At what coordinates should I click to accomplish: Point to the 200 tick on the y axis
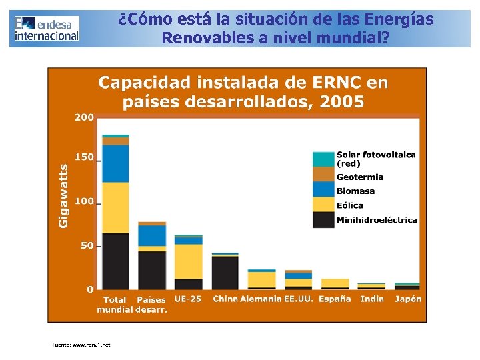[84, 117]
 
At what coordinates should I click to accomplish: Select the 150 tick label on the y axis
[84, 157]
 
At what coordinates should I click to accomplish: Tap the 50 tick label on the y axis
[87, 246]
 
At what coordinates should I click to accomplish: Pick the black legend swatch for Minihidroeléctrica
[323, 219]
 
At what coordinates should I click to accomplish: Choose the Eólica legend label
[350, 205]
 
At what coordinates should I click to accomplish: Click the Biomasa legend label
[355, 191]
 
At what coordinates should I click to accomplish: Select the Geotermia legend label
[360, 177]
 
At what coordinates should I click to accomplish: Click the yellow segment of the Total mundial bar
[115, 207]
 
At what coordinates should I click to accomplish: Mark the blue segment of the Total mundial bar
[115, 163]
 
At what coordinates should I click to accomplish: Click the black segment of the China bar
[225, 273]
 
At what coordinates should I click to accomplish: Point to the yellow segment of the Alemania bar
[261, 279]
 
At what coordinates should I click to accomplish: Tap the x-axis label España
[335, 299]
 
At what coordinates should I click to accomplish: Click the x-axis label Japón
[408, 299]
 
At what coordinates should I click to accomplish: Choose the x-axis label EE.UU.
[299, 299]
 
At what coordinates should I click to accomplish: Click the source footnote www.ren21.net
[81, 345]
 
